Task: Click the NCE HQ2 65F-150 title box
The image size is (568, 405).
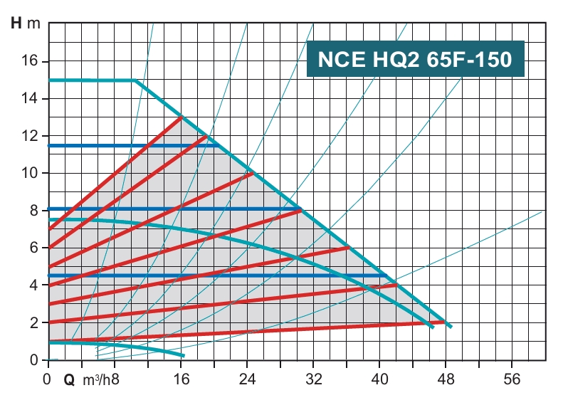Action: point(415,59)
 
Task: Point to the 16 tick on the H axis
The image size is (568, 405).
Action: point(29,61)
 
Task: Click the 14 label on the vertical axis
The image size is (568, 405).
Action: point(29,98)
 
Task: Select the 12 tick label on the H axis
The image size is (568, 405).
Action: point(29,136)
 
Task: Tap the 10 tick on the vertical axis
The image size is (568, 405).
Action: point(29,173)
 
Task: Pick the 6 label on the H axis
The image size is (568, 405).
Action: point(33,248)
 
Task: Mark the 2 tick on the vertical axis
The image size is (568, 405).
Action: point(33,322)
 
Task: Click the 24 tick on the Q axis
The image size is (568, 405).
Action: point(247,379)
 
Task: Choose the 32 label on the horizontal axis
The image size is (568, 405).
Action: point(314,379)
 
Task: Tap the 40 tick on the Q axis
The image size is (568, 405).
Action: point(380,379)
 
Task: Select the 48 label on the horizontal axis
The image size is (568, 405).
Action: point(446,379)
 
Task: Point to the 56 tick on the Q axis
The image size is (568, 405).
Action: point(512,379)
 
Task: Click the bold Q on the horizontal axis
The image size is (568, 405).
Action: point(69,380)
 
